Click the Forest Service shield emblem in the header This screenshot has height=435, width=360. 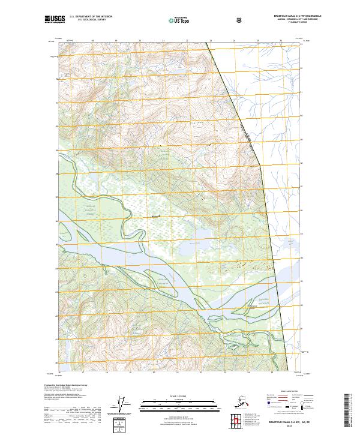tap(240, 20)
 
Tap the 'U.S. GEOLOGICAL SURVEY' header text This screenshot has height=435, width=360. tap(88, 21)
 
